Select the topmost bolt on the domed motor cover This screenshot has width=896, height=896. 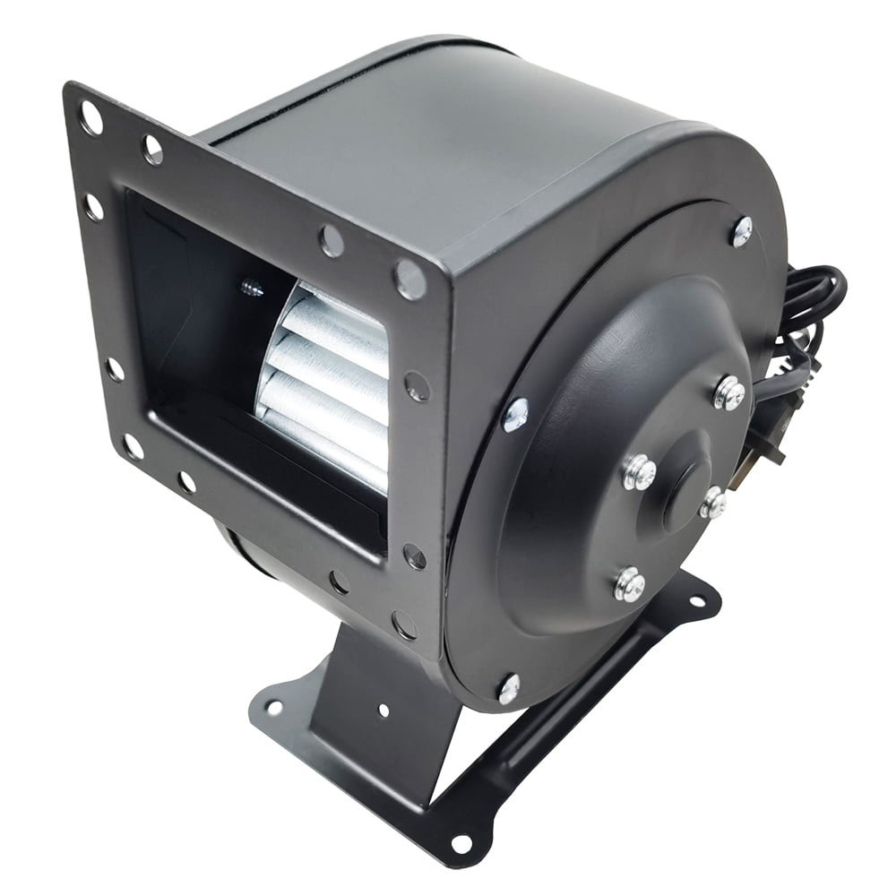coord(729,392)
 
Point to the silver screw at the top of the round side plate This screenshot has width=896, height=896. coord(742,231)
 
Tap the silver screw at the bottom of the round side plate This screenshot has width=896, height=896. coord(508,688)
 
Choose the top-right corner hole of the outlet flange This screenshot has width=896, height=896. coord(410,279)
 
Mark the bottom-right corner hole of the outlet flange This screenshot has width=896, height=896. coord(402,623)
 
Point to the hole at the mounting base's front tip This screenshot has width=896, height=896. coord(461,843)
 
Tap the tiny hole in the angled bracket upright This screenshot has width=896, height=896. coord(383,711)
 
